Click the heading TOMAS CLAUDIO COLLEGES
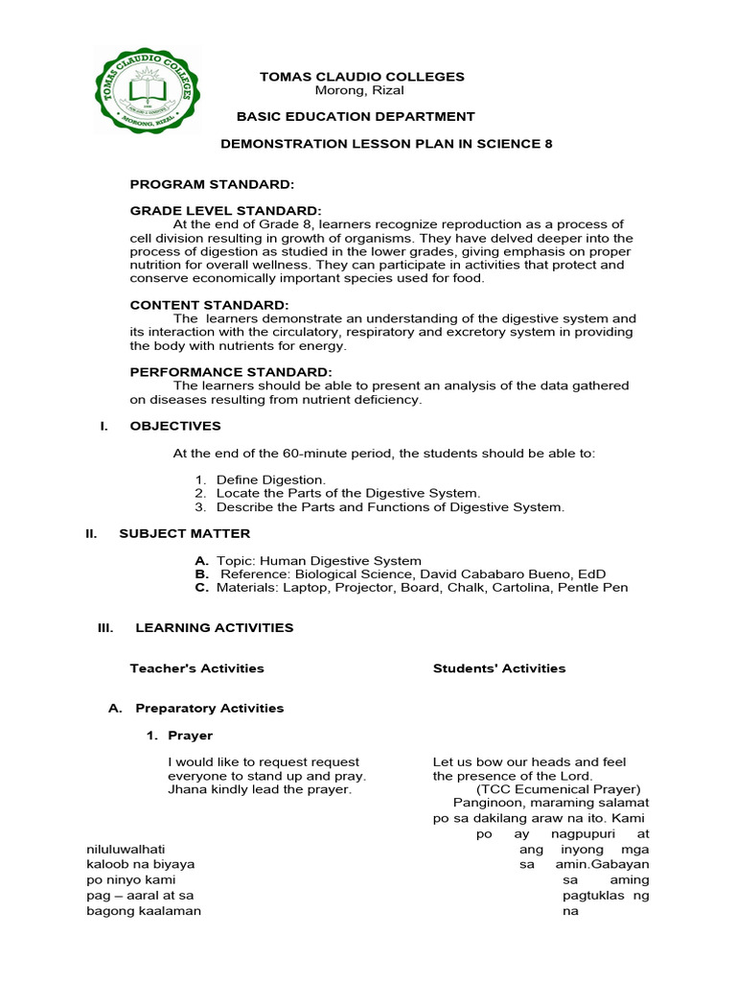362,77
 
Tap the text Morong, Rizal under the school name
359,90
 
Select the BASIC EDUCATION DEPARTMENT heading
356,117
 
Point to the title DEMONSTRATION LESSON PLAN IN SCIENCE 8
387,144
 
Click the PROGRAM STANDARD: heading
212,183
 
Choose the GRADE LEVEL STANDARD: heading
225,210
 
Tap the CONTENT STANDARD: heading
209,305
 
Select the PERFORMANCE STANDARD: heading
231,372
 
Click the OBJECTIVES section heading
174,426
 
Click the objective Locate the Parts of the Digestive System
348,493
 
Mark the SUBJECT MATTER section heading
184,533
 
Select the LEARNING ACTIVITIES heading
214,628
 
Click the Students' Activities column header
498,668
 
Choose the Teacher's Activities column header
196,668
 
